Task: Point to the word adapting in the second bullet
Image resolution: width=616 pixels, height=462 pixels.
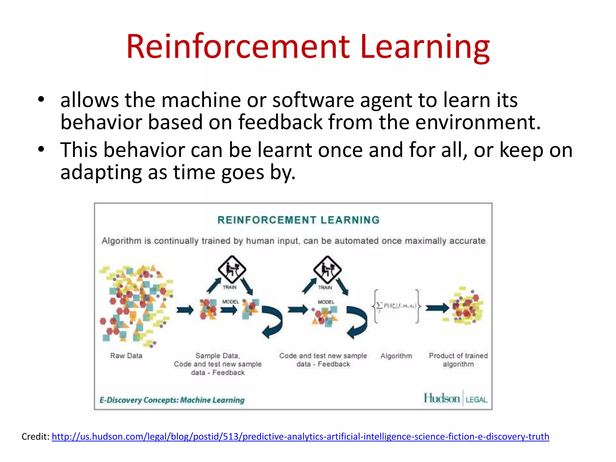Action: tap(101, 173)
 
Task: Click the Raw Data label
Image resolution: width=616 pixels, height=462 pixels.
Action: tap(126, 356)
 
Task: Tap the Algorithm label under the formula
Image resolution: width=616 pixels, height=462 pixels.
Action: tap(396, 356)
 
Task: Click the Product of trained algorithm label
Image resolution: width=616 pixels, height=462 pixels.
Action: tap(458, 360)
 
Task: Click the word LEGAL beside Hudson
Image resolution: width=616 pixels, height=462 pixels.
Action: tap(476, 400)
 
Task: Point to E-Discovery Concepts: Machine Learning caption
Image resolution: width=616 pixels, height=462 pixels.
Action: tap(172, 400)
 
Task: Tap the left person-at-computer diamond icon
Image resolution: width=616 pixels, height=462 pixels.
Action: tap(232, 269)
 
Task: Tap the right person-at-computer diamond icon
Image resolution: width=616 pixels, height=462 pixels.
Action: tap(327, 269)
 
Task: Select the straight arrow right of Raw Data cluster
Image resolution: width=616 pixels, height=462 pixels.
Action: tap(185, 310)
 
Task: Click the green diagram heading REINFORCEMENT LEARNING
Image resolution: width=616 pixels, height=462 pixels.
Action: tap(298, 220)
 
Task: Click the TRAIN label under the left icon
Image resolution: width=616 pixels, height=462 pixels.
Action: tap(229, 287)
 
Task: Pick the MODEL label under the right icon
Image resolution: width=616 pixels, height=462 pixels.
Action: tap(326, 302)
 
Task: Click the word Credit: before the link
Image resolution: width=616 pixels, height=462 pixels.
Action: tap(35, 436)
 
